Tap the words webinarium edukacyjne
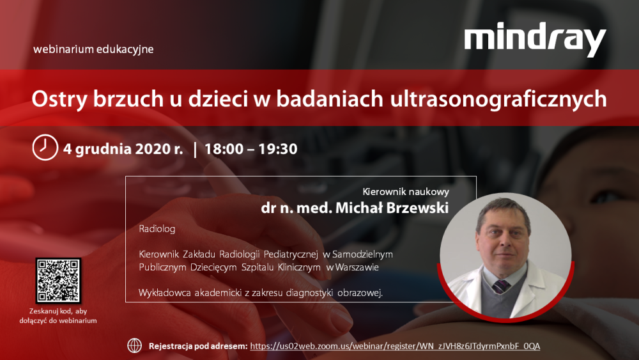coord(93,49)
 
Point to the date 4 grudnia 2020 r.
coord(123,149)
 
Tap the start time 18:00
coord(224,149)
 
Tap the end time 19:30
coord(277,149)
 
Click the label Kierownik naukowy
coord(406,191)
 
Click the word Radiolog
coord(157,228)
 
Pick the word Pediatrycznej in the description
coord(289,254)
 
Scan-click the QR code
coord(58,280)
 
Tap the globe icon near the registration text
coord(135,345)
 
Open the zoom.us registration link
coord(395,346)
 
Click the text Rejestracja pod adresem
coord(197,346)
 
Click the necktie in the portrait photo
coord(500,285)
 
